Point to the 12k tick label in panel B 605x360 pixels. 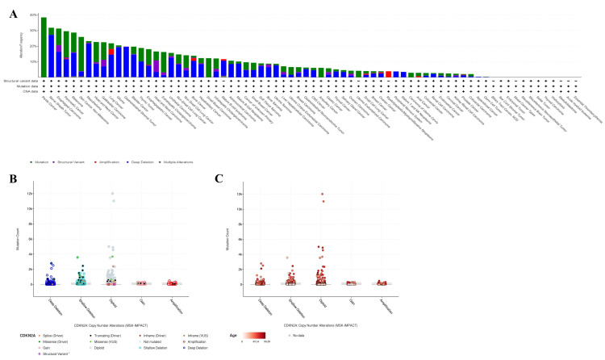click(30, 194)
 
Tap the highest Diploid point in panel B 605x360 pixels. click(113, 194)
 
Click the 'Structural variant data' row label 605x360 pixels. click(20, 82)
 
